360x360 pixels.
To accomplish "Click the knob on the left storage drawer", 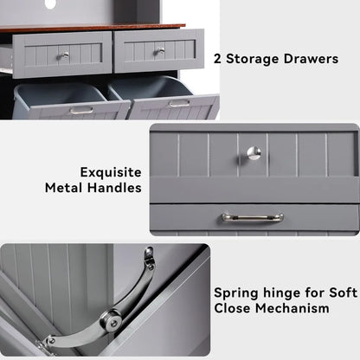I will pos(63,55).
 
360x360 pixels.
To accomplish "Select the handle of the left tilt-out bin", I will pos(81,110).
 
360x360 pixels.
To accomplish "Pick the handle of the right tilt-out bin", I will pos(179,104).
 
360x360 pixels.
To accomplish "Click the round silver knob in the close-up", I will pos(253,153).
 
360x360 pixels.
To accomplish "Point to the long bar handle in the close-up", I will pos(252,218).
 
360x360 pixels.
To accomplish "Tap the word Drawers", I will pos(323,60).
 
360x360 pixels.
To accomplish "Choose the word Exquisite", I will pos(111,171).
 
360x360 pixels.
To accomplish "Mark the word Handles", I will pos(117,188).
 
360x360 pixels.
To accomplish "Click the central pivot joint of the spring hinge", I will pos(110,321).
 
